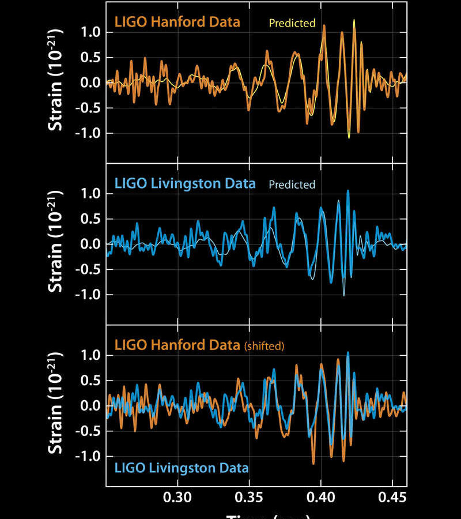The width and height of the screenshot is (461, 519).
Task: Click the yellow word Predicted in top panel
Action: (x=292, y=24)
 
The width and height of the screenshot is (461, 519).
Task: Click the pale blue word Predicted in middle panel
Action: (x=292, y=185)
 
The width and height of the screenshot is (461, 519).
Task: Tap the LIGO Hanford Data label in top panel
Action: (x=177, y=23)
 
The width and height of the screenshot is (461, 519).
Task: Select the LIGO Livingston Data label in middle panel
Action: (x=185, y=184)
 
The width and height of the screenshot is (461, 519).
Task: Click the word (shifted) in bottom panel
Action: (x=264, y=347)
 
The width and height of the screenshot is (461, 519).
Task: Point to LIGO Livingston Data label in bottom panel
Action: (x=182, y=467)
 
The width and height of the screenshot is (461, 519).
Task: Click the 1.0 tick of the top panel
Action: (x=92, y=32)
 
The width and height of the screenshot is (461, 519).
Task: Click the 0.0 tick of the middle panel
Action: (x=92, y=245)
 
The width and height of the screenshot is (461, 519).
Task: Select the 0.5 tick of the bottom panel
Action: (x=92, y=381)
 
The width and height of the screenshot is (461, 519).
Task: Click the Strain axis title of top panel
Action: (x=56, y=82)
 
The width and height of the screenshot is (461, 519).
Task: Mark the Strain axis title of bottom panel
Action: (x=56, y=405)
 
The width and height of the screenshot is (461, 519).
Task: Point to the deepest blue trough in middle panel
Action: (x=344, y=295)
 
